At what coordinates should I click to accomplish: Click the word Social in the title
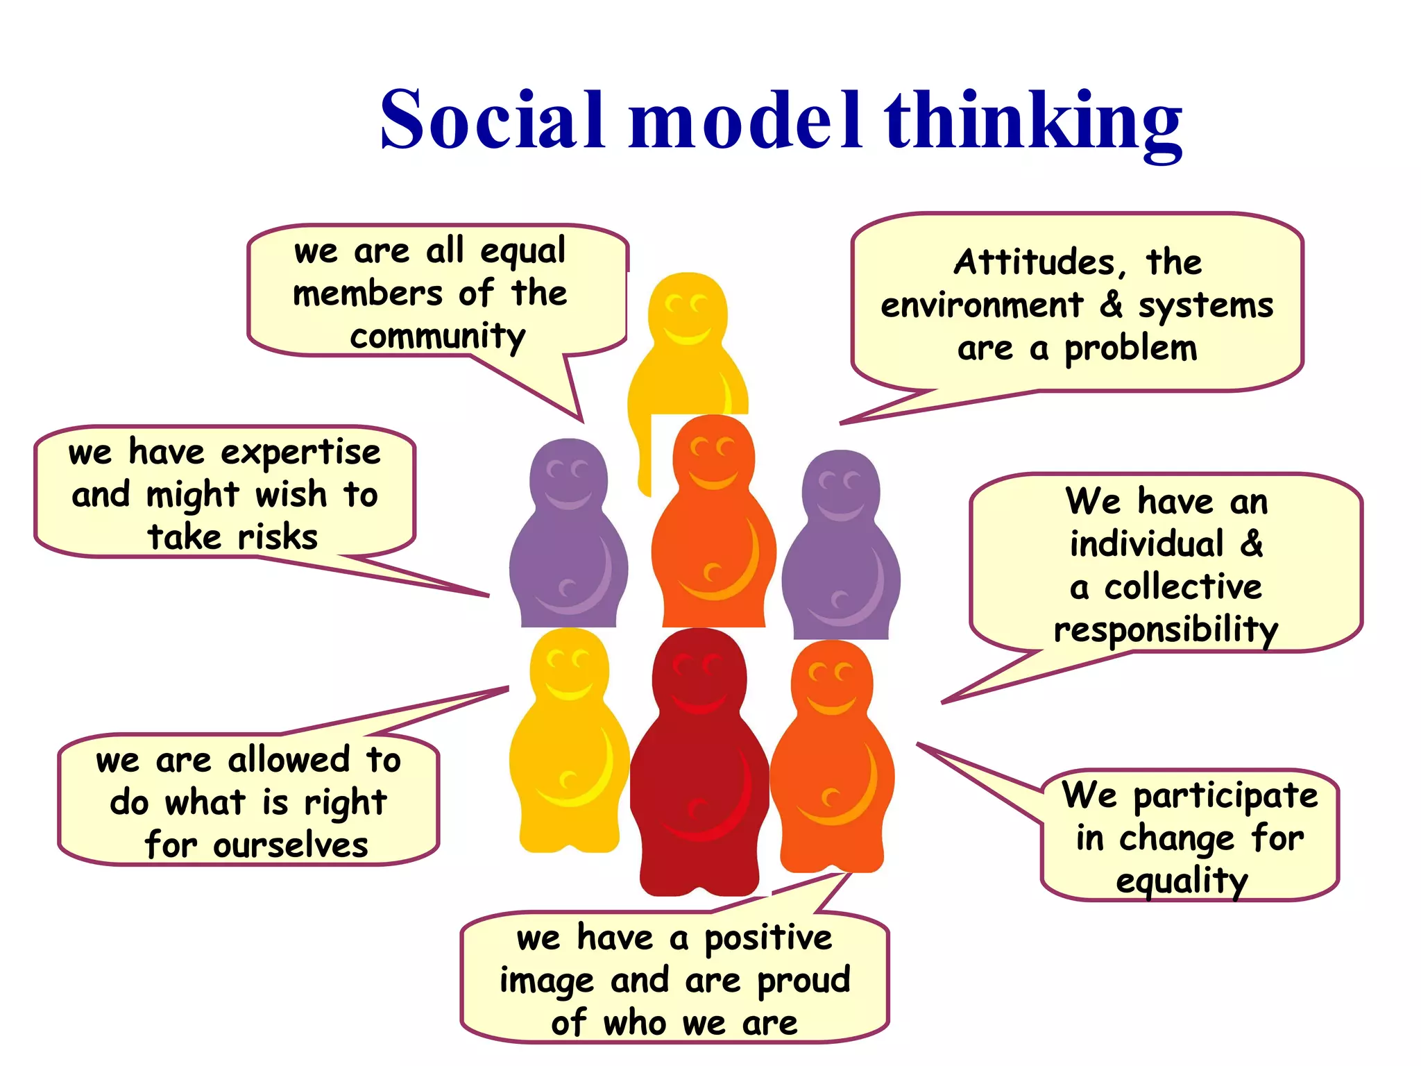tap(492, 119)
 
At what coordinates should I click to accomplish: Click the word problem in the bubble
tap(1131, 349)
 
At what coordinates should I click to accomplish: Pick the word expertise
tap(300, 453)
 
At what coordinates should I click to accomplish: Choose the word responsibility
tap(1166, 630)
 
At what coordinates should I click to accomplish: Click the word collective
tap(1183, 587)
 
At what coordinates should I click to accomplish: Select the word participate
tap(1225, 796)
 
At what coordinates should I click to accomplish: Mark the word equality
tap(1182, 881)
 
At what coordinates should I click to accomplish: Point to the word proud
tap(803, 981)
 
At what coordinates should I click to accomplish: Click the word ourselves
tap(291, 846)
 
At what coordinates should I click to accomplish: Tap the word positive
tap(768, 939)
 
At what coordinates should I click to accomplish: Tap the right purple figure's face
tap(840, 491)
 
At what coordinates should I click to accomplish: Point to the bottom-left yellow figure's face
tap(569, 670)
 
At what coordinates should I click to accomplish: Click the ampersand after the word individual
tap(1252, 543)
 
